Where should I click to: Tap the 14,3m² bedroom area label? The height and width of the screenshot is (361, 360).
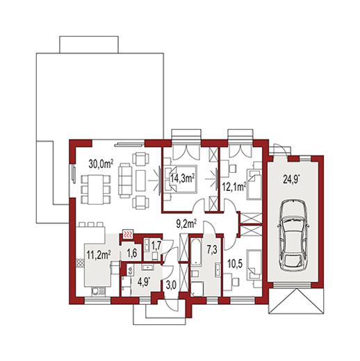click(182, 178)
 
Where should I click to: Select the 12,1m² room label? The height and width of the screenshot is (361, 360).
click(234, 187)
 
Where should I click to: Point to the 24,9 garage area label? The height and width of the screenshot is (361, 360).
click(292, 179)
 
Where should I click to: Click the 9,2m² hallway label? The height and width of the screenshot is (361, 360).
click(186, 224)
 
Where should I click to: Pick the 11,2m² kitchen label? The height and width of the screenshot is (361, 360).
click(99, 255)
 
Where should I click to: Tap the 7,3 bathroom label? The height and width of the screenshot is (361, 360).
click(212, 250)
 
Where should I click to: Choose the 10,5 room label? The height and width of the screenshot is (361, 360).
click(234, 264)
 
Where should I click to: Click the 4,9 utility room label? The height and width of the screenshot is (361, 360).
click(145, 283)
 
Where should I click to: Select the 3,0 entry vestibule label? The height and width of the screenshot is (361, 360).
click(171, 285)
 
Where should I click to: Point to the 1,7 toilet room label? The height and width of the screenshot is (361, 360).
click(156, 246)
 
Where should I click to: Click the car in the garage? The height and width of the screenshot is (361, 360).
click(293, 235)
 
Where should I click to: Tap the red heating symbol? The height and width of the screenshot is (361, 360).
click(128, 235)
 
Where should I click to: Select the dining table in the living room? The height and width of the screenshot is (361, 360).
click(95, 190)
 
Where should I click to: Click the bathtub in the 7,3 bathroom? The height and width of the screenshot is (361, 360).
click(195, 251)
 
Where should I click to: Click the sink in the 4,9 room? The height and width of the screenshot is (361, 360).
click(147, 267)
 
